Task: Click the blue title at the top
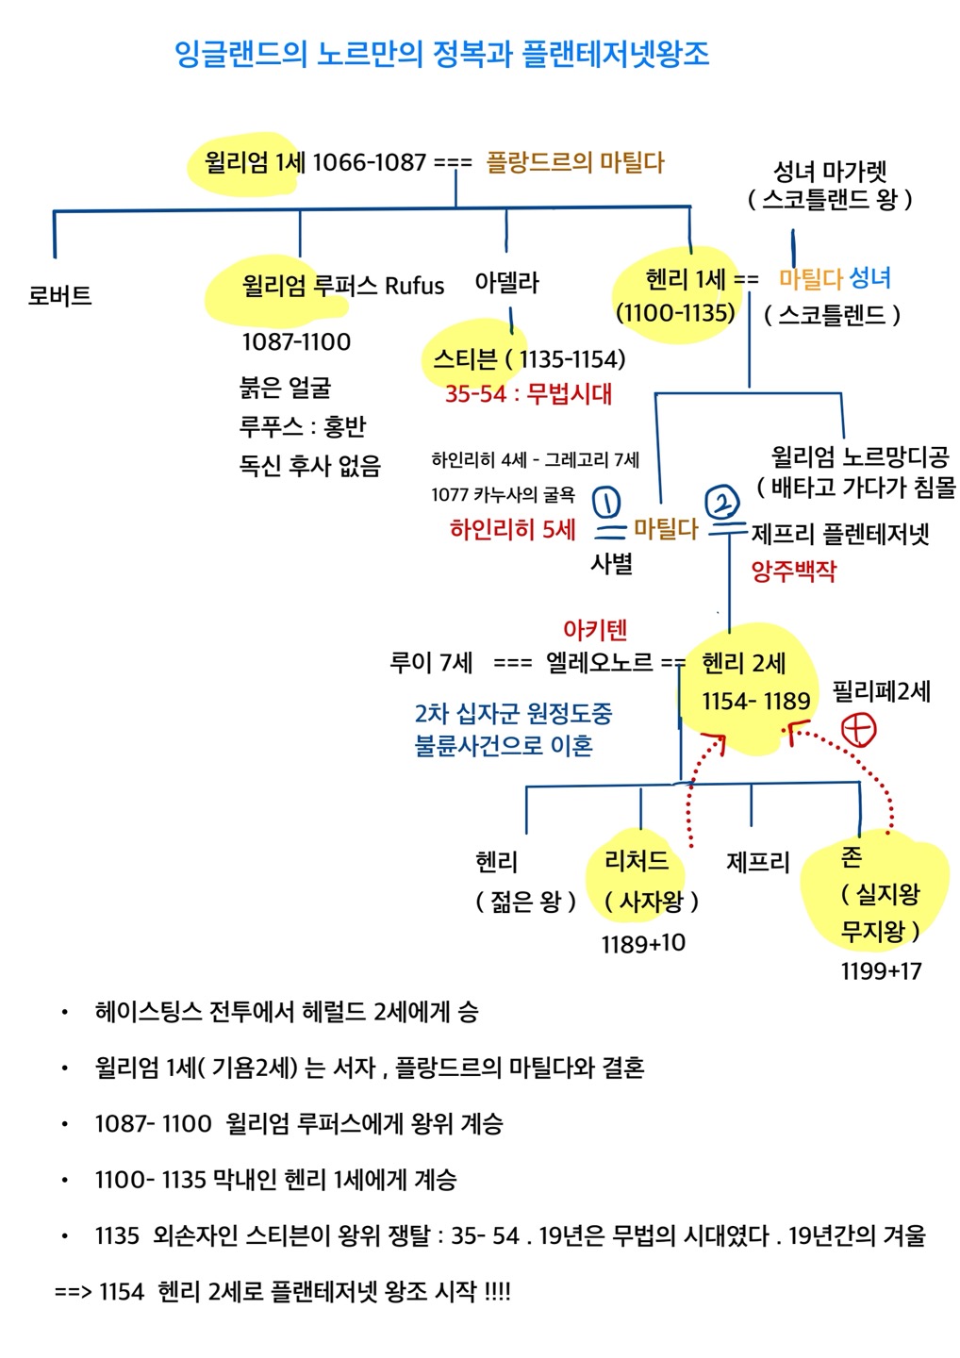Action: [x=441, y=53]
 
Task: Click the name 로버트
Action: [x=59, y=295]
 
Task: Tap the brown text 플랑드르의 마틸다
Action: [x=575, y=162]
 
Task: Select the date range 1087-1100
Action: [x=296, y=341]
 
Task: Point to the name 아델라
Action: [x=506, y=282]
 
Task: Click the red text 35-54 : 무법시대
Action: [x=528, y=393]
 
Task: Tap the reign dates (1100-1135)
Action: [x=674, y=312]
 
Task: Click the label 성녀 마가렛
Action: [x=830, y=172]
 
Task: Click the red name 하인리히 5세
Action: [x=512, y=529]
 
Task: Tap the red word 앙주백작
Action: [x=793, y=570]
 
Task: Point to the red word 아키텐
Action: [x=594, y=629]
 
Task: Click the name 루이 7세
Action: [x=431, y=662]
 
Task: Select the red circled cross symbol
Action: [x=858, y=729]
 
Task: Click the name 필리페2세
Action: [x=881, y=691]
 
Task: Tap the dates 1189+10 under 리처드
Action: [x=643, y=943]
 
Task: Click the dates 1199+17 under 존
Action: [x=881, y=970]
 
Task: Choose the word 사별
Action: [x=611, y=563]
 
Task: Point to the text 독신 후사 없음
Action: [x=309, y=465]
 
